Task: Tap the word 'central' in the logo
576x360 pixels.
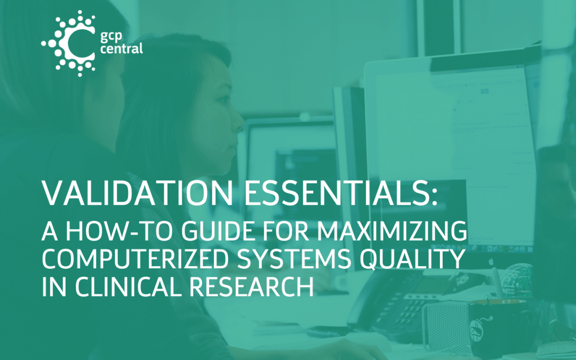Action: (121, 50)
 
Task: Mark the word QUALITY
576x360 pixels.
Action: (414, 261)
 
